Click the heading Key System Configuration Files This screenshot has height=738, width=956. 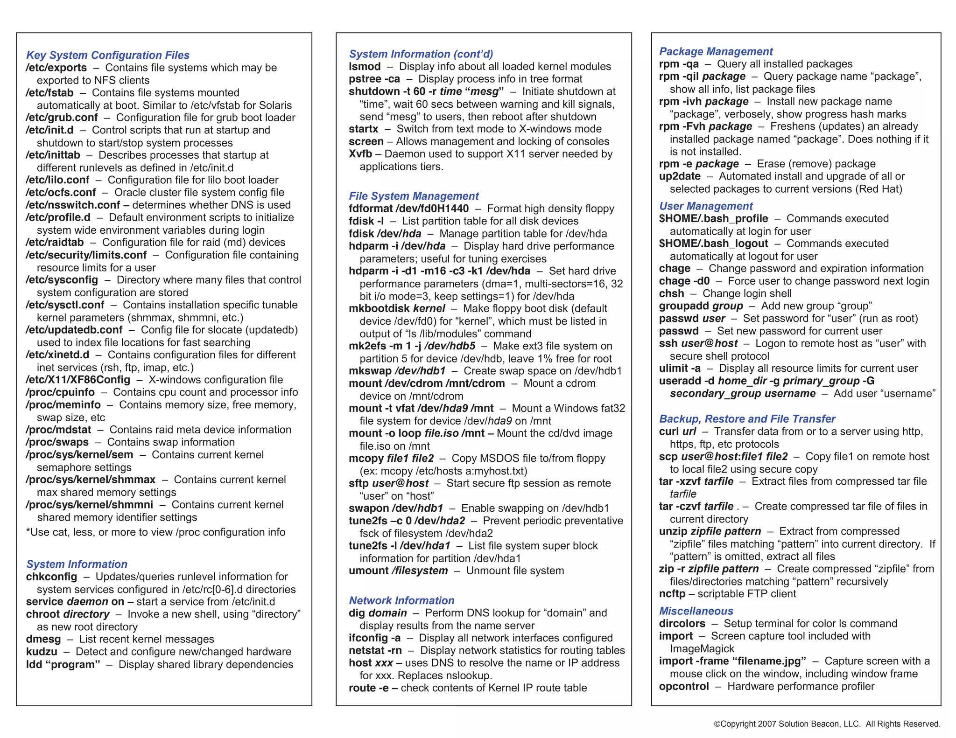tap(108, 55)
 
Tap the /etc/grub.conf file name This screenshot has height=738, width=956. tap(62, 118)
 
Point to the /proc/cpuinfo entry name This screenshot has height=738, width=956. tap(60, 392)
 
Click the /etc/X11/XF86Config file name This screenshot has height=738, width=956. tap(78, 380)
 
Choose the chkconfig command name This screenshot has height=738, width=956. tap(51, 577)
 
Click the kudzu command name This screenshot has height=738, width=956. tap(42, 652)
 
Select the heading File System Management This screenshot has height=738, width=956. tap(414, 196)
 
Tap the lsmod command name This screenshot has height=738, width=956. tap(365, 67)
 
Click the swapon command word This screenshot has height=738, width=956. tap(368, 508)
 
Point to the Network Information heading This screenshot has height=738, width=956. tap(401, 600)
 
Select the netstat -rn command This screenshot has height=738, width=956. tap(375, 650)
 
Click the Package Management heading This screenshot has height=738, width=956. tap(716, 51)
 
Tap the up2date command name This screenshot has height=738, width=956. tap(680, 176)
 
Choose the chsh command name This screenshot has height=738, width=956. tap(671, 293)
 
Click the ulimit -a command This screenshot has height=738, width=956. tap(680, 369)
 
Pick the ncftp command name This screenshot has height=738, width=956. tap(672, 594)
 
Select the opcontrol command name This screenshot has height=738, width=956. tap(684, 686)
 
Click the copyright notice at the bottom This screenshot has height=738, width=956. tap(827, 724)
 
